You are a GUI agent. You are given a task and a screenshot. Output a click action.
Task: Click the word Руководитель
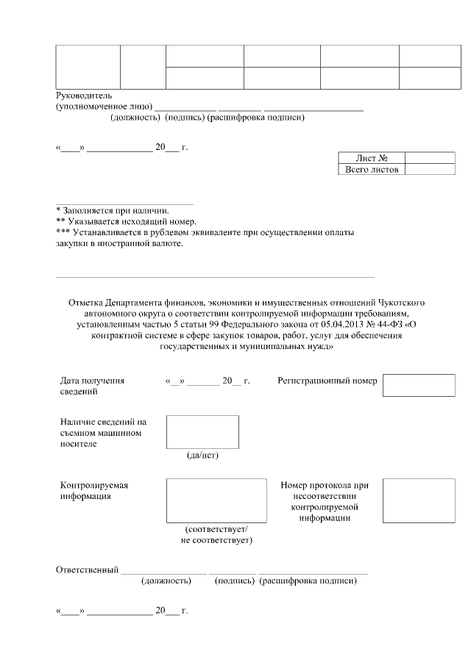84,96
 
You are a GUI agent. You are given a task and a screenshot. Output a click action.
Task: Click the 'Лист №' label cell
371,158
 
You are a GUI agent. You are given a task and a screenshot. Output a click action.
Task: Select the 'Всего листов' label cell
371,170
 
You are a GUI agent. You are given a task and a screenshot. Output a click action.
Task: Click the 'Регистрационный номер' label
327,381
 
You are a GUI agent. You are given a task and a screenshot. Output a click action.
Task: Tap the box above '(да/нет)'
202,431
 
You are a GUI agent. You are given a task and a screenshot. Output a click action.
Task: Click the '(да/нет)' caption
202,455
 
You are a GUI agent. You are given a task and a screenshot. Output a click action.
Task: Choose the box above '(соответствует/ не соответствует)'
216,500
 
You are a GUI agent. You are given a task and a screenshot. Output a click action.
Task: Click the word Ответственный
88,570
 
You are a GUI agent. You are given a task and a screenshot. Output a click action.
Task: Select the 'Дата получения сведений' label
92,386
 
